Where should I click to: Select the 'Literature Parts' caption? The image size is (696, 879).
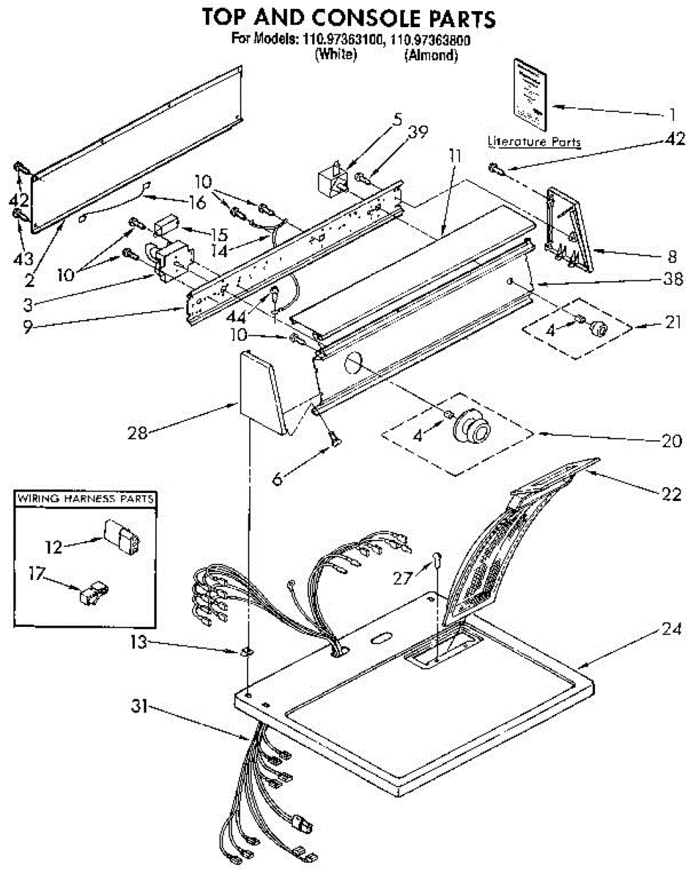(534, 141)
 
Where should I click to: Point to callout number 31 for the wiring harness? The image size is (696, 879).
(140, 707)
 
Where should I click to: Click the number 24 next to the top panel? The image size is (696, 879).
(673, 628)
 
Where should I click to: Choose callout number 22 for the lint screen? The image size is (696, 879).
(672, 495)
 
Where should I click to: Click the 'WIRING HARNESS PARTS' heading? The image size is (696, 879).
(86, 499)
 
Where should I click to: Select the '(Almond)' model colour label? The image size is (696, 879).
(432, 55)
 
